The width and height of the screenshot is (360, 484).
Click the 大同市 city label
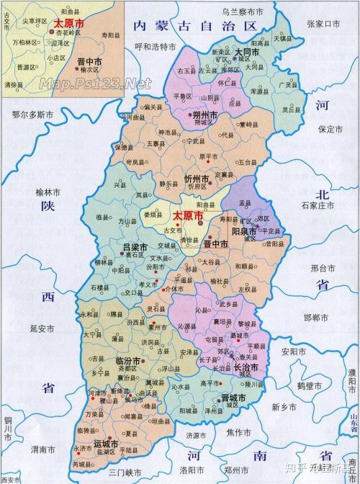(251, 53)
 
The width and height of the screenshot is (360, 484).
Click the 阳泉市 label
(244, 233)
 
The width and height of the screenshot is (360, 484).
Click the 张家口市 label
(323, 23)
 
